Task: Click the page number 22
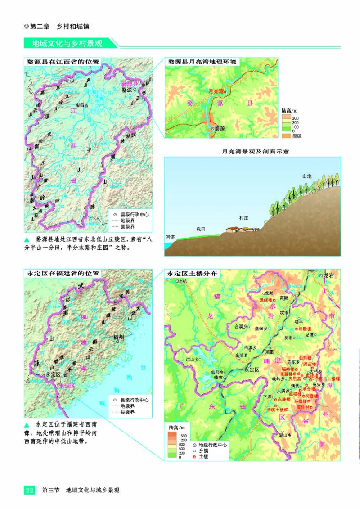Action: (x=29, y=490)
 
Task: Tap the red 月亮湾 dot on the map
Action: (x=225, y=91)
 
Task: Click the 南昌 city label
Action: (x=80, y=105)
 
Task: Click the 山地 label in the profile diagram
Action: (x=307, y=176)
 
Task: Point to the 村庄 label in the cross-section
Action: (x=244, y=218)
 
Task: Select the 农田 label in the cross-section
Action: (x=200, y=229)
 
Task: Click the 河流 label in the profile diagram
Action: (x=170, y=237)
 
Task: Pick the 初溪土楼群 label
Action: (x=276, y=410)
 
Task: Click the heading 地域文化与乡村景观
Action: (x=67, y=44)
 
